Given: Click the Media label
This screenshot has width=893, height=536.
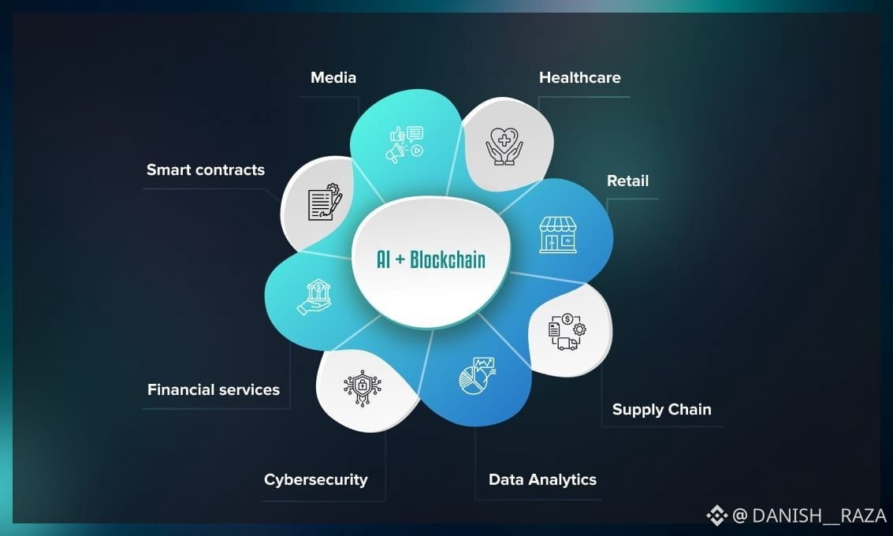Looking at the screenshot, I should tap(333, 77).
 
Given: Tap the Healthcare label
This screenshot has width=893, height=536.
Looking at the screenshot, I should tap(579, 77).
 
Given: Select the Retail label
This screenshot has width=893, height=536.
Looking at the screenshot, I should tap(627, 181).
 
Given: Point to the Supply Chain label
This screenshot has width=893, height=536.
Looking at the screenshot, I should tap(661, 409).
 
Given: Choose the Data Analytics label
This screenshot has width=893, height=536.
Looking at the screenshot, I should tap(542, 479).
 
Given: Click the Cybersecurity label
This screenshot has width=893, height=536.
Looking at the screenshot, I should tap(315, 479).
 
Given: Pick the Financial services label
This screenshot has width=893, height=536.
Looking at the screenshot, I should tap(213, 389).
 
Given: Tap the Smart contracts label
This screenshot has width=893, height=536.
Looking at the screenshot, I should tap(205, 169).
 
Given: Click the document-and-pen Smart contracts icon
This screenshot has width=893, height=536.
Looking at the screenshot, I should tap(324, 202).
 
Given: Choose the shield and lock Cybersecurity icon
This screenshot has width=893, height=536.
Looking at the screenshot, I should tap(362, 385).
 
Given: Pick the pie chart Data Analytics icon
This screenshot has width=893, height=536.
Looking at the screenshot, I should tap(478, 375).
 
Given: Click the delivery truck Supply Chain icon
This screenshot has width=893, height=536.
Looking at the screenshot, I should tap(567, 332).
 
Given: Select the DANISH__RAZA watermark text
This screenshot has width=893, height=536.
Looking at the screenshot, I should tap(819, 516).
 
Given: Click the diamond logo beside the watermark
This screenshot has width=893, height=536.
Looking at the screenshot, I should tap(716, 516).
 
